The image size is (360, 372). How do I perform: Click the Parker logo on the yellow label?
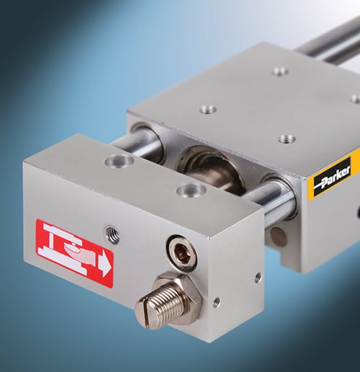click(333, 176)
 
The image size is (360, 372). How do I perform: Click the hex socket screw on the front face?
click(181, 252)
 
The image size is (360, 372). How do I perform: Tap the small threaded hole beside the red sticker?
click(112, 234)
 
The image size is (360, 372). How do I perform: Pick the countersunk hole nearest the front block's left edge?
click(120, 161)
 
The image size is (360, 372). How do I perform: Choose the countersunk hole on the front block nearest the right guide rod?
click(192, 189)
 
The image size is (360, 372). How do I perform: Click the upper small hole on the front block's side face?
click(258, 278)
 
